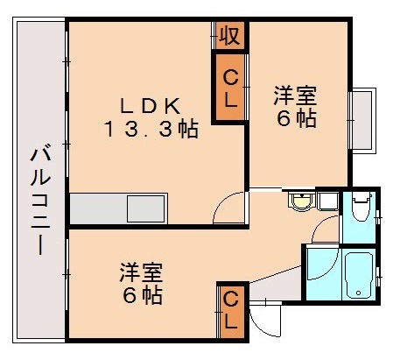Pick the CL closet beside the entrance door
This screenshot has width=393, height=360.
pos(230,310)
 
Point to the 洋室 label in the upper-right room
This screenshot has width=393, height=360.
pos(295,94)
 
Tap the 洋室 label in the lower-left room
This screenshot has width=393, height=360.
pos(140,272)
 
